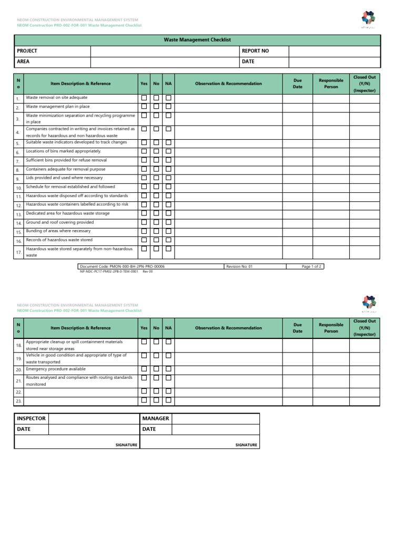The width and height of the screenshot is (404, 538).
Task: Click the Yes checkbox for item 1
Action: tap(144, 98)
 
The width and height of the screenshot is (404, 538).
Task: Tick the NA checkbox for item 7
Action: tap(168, 161)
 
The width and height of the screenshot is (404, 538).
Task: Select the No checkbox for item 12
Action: tap(156, 205)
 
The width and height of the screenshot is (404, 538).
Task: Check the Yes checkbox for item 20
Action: tap(144, 369)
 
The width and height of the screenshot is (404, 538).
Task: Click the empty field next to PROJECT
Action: tap(164, 51)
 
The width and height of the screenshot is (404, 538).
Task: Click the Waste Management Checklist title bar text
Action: tap(197, 40)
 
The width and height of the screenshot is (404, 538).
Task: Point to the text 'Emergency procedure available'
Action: tap(56, 369)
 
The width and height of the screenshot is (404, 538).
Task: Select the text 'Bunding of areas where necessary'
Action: tap(58, 231)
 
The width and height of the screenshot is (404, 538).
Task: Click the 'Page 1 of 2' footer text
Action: tap(312, 266)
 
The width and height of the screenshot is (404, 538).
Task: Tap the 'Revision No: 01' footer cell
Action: tap(239, 266)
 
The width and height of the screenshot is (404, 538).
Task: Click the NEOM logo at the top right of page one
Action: tap(369, 18)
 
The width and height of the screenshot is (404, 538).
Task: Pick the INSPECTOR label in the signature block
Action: tap(32, 418)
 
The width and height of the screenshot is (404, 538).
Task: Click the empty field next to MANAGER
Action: tap(215, 418)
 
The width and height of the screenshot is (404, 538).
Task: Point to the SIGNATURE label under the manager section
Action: tap(246, 445)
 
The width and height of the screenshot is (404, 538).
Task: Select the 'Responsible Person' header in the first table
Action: tap(331, 84)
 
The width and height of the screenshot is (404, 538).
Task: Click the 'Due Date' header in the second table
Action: tap(298, 328)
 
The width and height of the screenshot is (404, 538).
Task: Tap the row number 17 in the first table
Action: tap(18, 253)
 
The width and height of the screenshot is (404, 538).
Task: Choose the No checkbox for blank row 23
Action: tap(156, 401)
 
